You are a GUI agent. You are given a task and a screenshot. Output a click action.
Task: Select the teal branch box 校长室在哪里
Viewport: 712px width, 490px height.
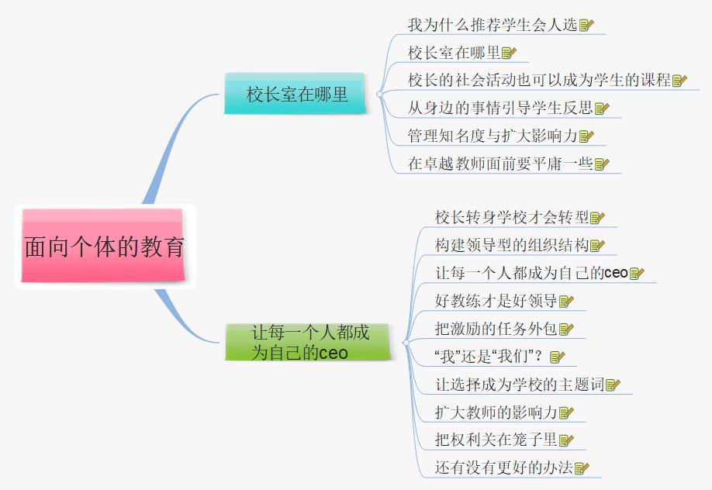coord(295,94)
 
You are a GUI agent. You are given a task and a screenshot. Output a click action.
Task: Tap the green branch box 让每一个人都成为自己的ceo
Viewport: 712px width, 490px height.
coord(308,342)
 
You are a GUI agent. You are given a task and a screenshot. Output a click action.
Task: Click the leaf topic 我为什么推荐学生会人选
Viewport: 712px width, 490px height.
coord(492,25)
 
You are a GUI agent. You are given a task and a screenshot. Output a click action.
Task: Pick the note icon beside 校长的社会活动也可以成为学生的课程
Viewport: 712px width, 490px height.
coord(679,81)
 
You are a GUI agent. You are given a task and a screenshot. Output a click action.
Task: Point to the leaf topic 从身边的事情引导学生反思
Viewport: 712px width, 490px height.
coord(499,108)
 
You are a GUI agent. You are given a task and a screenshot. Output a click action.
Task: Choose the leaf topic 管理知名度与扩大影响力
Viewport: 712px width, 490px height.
coord(492,136)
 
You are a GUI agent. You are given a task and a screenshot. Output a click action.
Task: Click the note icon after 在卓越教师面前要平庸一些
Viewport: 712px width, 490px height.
coord(602,164)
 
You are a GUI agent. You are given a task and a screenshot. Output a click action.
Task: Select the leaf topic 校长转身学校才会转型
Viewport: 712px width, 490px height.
coord(511,217)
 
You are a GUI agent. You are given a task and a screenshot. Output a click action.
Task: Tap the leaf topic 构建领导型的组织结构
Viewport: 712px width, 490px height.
coord(511,245)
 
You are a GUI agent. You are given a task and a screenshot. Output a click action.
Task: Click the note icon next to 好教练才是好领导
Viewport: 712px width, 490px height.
coord(566,302)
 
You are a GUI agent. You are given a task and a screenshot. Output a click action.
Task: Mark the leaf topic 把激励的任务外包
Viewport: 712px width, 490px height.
coord(496,329)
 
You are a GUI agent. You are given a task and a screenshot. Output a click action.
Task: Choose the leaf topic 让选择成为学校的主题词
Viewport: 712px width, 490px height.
coord(519,385)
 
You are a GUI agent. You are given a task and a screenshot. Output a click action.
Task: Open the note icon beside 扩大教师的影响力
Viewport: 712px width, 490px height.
coord(566,412)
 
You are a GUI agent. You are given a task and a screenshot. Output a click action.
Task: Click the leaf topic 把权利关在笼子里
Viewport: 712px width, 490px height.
coord(496,440)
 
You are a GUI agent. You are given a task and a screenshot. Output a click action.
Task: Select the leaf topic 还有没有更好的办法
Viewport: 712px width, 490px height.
coord(503,468)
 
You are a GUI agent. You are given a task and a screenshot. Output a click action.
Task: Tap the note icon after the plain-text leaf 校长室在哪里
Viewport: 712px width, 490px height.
coord(509,53)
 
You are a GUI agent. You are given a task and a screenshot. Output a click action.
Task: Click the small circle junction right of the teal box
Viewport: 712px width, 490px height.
coord(379,94)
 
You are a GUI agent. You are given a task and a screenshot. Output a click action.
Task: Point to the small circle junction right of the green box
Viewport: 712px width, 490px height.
coord(406,343)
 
